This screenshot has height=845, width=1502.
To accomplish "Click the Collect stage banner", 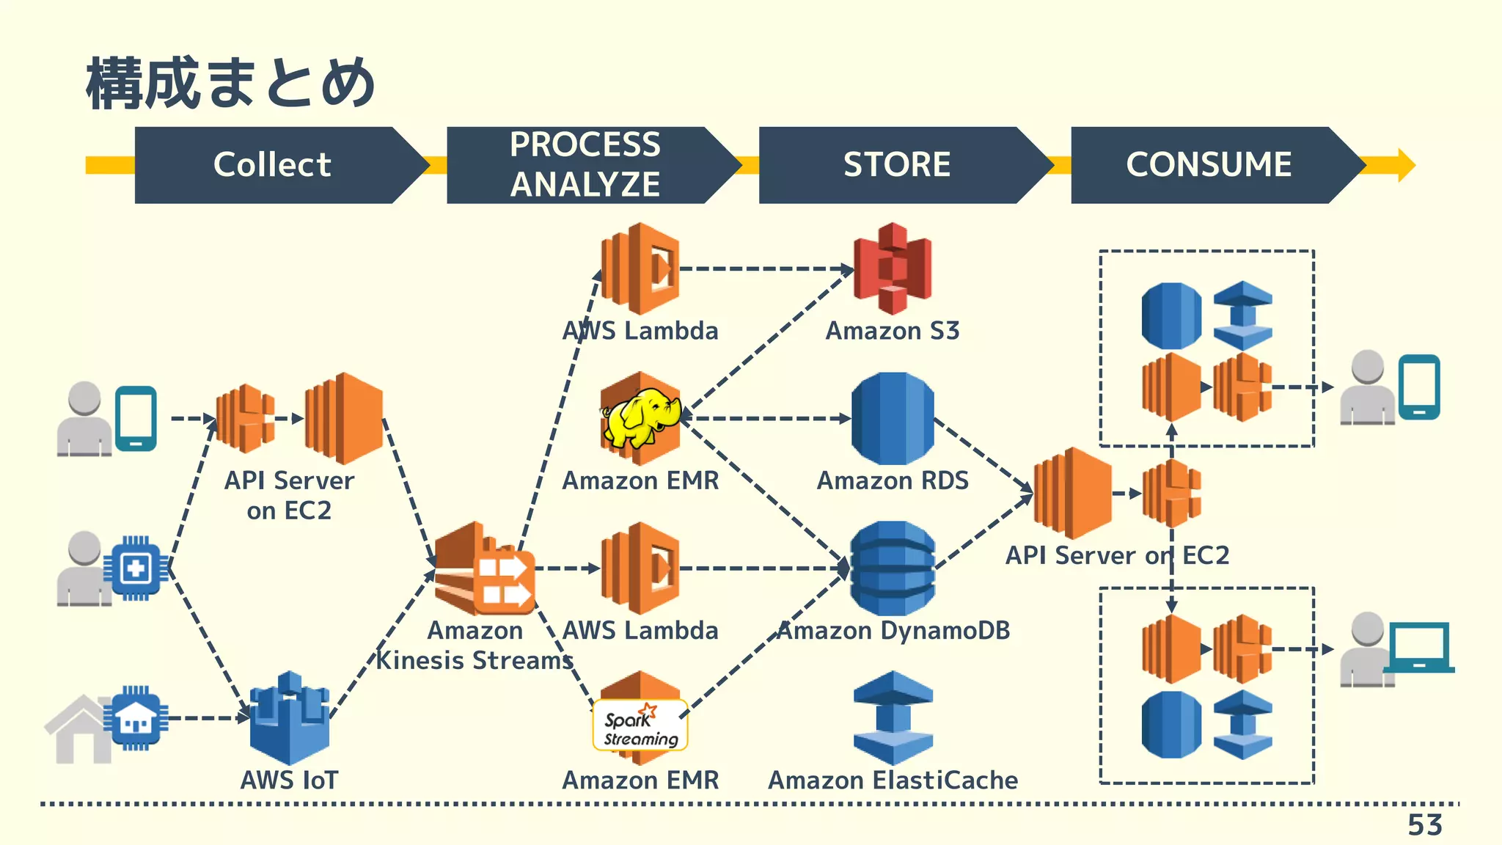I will (272, 165).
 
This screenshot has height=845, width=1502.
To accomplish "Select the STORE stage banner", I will (896, 165).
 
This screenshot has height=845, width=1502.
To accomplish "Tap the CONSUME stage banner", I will (1209, 165).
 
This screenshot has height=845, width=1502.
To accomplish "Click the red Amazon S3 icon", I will (893, 269).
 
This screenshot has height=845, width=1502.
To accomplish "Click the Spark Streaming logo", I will (640, 725).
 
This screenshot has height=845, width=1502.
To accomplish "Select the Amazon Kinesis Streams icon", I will (484, 569).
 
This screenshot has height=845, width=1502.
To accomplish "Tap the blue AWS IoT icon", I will (289, 718).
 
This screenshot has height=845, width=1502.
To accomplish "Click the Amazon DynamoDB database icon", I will (893, 568).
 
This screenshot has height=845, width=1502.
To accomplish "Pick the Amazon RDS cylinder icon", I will (893, 419).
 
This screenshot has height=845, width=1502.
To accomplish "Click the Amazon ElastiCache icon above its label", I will (893, 718).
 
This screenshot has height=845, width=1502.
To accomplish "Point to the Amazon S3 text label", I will (893, 331).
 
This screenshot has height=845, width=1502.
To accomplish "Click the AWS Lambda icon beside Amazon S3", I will (640, 269).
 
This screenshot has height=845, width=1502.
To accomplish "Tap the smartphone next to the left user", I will (136, 418).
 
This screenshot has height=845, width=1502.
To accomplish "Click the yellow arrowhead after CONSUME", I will (1405, 165).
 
